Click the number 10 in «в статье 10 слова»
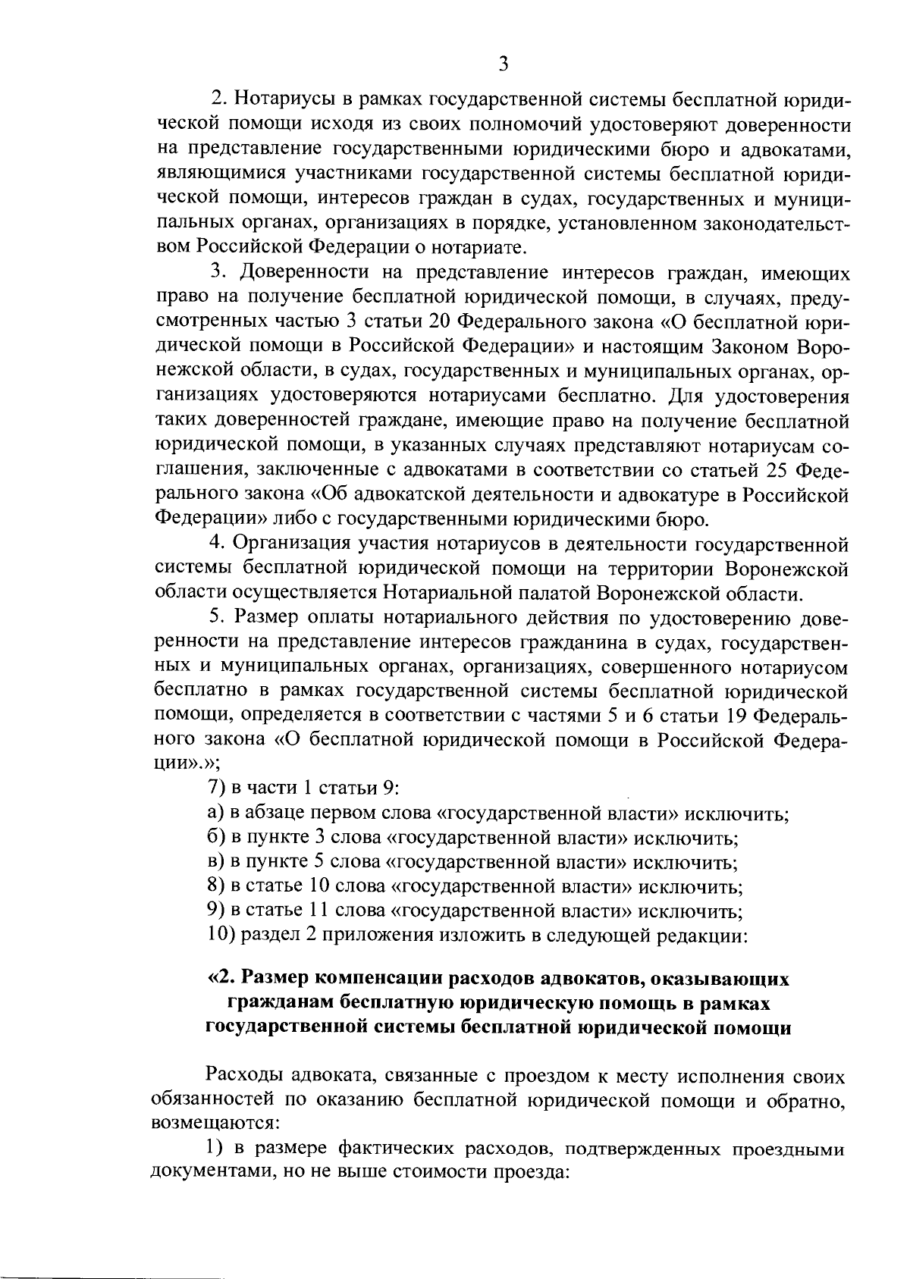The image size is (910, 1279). coord(318,886)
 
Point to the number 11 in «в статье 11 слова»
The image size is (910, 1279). coord(318,911)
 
